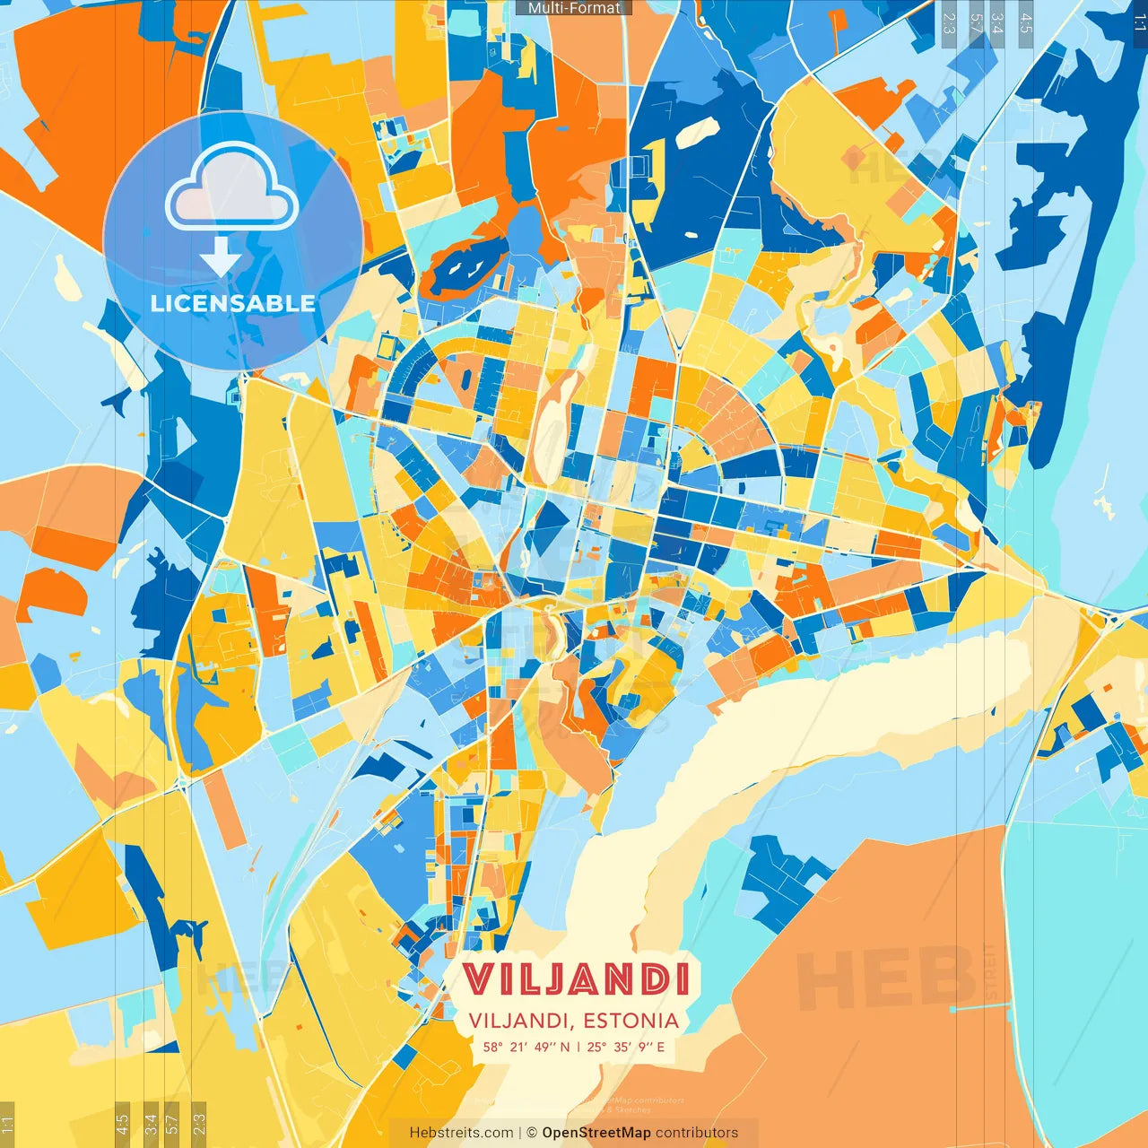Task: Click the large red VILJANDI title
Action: pos(575,979)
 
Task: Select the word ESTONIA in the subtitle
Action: pos(631,1021)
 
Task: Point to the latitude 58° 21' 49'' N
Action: pos(526,1047)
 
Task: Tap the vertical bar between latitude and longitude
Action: pos(578,1047)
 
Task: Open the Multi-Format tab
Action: pos(574,8)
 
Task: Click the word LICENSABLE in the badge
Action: pos(233,303)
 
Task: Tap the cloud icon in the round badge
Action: pos(232,186)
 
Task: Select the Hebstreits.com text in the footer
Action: pos(461,1133)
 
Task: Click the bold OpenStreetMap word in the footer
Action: pos(596,1133)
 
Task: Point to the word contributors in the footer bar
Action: pos(697,1133)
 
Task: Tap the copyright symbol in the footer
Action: pos(531,1133)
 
